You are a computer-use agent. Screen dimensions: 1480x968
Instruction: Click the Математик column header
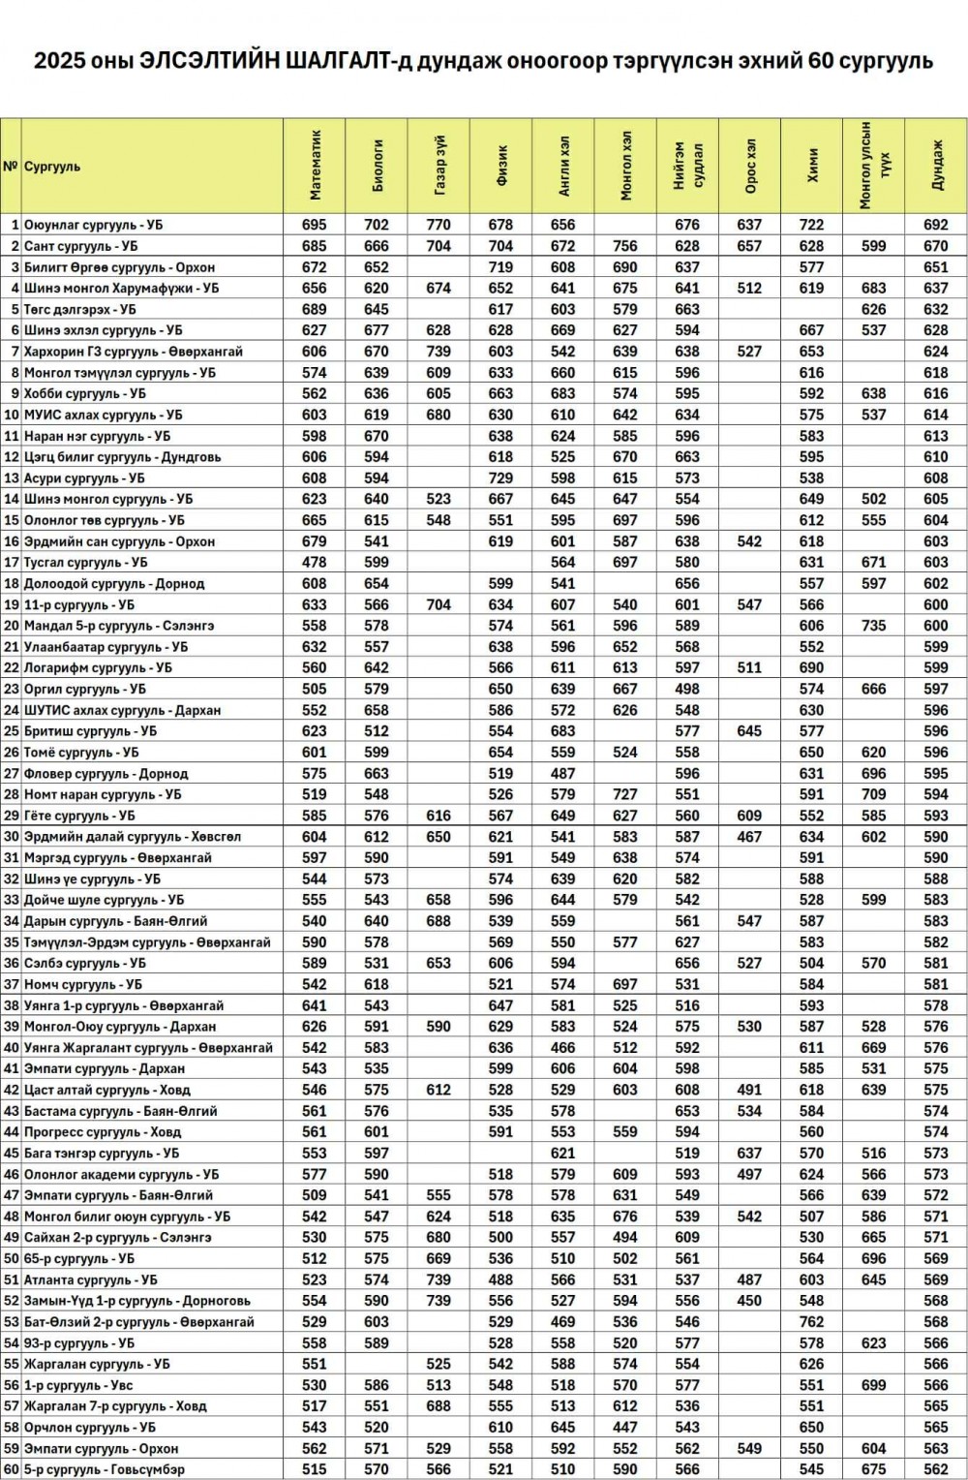coord(315,166)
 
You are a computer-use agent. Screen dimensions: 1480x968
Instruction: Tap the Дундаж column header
coord(936,166)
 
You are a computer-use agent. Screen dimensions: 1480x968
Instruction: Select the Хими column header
coord(812,166)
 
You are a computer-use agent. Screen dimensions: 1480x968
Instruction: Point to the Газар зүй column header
coord(439,166)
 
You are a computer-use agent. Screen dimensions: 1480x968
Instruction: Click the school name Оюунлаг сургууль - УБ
coord(93,225)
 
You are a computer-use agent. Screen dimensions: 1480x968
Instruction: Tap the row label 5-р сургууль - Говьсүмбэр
coord(105,1469)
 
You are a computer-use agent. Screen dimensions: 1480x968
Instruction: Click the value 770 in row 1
coord(439,225)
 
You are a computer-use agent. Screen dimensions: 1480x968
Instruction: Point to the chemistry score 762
coord(812,1322)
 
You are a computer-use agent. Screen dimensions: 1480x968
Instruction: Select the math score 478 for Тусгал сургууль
coord(315,562)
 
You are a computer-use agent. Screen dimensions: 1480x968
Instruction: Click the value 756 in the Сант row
coord(625,246)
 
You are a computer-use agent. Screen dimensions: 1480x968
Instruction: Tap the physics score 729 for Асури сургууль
coord(500,478)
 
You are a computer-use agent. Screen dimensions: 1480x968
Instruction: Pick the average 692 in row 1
coord(936,225)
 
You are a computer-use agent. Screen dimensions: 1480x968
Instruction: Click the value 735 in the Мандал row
coord(874,626)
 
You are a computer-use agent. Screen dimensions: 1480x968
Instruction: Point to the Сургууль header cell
coord(52,166)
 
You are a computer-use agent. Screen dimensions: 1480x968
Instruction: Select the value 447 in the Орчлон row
coord(625,1428)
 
